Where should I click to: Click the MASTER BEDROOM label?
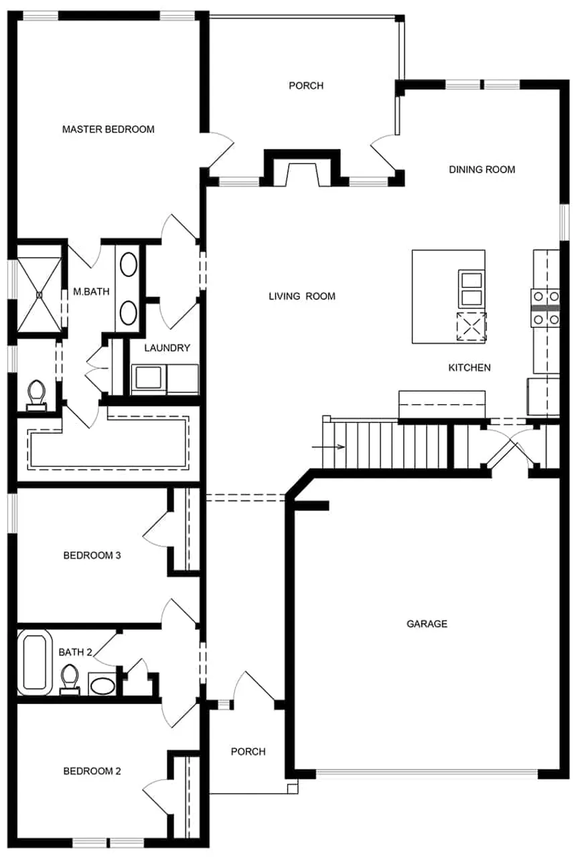click(x=108, y=129)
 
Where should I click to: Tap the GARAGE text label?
click(x=427, y=624)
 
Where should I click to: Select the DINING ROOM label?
click(x=482, y=169)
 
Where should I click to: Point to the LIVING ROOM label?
click(x=301, y=296)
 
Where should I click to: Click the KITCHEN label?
click(x=469, y=367)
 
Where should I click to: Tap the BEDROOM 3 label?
click(x=92, y=555)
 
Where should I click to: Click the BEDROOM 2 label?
click(x=92, y=771)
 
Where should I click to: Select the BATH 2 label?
click(x=75, y=652)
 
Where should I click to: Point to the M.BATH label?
click(x=92, y=291)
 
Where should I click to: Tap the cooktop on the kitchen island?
click(x=472, y=327)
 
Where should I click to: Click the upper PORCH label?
click(x=306, y=86)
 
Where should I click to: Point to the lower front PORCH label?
click(x=248, y=752)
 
